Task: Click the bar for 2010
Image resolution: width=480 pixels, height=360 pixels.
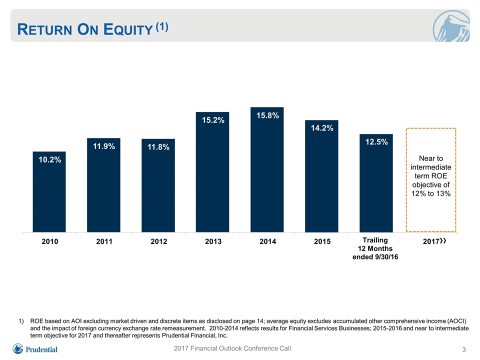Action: point(49,191)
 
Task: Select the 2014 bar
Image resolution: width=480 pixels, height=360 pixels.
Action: point(267,169)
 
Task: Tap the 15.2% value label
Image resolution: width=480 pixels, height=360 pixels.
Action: point(213,120)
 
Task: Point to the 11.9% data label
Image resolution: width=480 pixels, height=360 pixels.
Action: point(104,146)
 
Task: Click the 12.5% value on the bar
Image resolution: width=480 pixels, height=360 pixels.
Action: point(376,141)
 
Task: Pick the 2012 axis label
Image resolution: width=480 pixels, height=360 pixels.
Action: point(158,241)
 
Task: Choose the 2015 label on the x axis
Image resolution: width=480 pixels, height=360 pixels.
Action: point(322,241)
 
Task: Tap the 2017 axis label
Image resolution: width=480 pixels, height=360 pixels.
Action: point(434,241)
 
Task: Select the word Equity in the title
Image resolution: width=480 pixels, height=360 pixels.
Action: point(128,29)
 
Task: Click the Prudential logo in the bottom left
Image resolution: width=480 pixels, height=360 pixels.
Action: point(35,349)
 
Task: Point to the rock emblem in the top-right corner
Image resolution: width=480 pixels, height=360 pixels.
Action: point(451,26)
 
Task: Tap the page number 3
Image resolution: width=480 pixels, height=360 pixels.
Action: point(464,349)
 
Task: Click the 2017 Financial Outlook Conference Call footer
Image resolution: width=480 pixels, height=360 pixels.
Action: point(232,348)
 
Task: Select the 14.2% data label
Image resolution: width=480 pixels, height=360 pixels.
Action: point(322,128)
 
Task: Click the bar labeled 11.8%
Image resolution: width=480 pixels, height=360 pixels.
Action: point(158,185)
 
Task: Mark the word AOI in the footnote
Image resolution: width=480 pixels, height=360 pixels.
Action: point(76,321)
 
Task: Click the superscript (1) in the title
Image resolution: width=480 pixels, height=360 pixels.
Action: point(162,27)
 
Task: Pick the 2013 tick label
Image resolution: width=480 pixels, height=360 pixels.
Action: point(213,241)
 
